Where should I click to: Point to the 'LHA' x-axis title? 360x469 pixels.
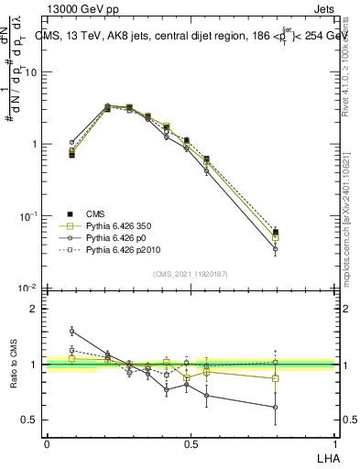(326, 456)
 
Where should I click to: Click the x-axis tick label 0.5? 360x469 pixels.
(191, 443)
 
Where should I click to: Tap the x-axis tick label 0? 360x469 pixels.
(47, 443)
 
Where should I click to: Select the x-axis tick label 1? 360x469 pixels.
(336, 443)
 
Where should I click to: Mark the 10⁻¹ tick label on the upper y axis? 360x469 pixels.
(31, 216)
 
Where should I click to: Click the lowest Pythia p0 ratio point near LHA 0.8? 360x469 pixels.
(275, 408)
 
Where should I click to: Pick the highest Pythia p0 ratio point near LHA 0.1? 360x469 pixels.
(71, 331)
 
